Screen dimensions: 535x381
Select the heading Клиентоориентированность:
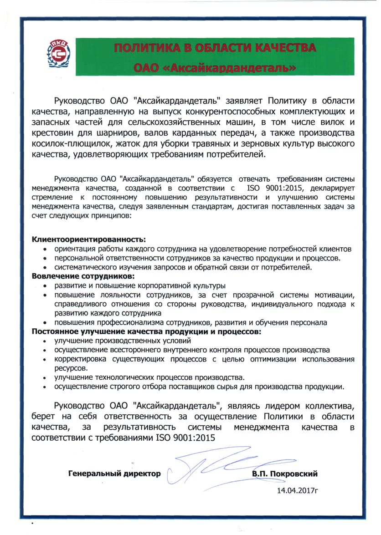point(89,239)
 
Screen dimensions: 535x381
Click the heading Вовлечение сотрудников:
point(83,276)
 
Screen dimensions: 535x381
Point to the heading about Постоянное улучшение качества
point(147,332)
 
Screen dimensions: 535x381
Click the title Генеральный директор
point(114,474)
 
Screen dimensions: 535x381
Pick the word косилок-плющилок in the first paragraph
point(71,144)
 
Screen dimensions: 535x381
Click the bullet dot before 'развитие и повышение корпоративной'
point(44,286)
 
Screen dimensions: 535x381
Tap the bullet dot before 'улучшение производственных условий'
point(44,341)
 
